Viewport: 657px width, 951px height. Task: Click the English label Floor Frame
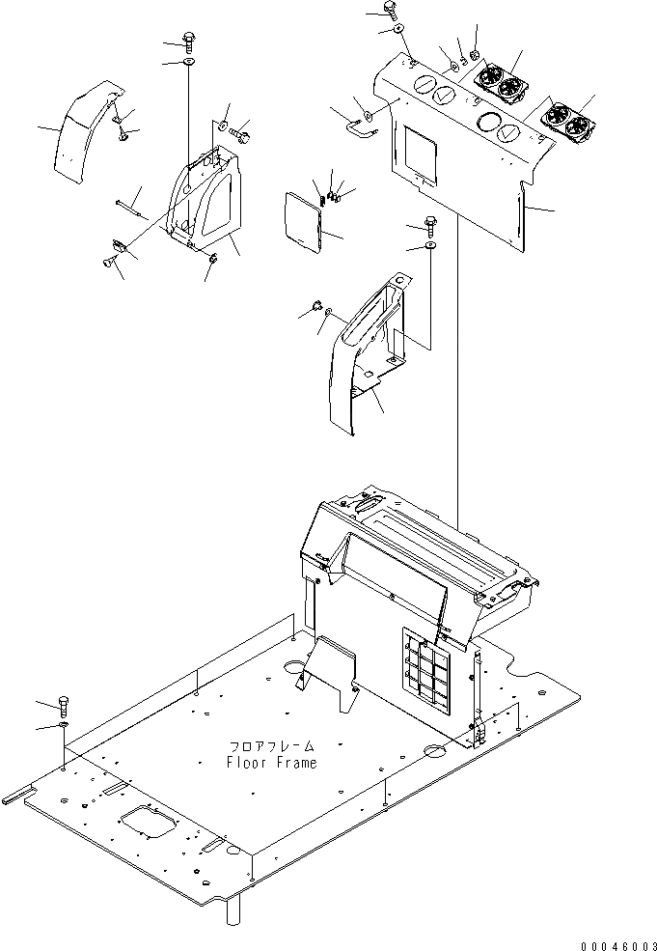click(x=271, y=762)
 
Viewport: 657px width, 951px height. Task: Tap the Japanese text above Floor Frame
click(x=271, y=747)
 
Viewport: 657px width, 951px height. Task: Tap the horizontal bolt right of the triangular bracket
click(x=239, y=127)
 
